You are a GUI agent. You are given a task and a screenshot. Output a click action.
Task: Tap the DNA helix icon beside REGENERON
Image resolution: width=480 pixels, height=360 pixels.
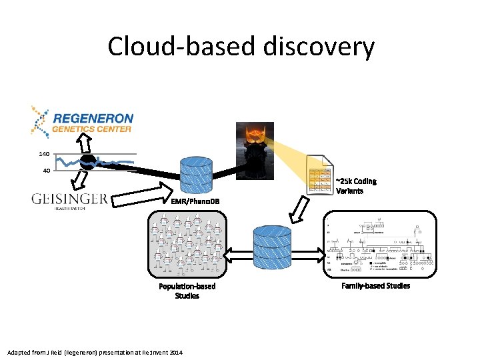point(39,119)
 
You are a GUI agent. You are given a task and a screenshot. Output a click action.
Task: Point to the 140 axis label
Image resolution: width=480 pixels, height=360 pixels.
point(44,154)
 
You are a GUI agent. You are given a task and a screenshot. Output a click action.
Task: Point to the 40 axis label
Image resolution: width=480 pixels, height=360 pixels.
point(44,171)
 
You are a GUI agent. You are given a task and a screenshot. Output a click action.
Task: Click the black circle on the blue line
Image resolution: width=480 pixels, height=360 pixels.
point(87,162)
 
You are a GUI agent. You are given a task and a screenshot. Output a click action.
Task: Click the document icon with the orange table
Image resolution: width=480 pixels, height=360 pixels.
point(319,175)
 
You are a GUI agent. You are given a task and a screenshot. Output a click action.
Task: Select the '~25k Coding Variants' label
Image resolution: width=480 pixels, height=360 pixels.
point(356,186)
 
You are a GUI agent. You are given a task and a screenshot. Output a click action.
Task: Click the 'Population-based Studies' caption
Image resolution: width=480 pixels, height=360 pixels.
point(187,291)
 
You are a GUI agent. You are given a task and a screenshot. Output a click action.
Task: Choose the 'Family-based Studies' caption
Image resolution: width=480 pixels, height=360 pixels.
point(376,286)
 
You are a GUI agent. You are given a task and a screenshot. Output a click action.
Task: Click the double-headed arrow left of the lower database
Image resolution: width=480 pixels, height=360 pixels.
point(237,254)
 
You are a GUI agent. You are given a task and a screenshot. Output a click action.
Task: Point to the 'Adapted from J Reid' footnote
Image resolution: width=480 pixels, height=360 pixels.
point(94,351)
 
